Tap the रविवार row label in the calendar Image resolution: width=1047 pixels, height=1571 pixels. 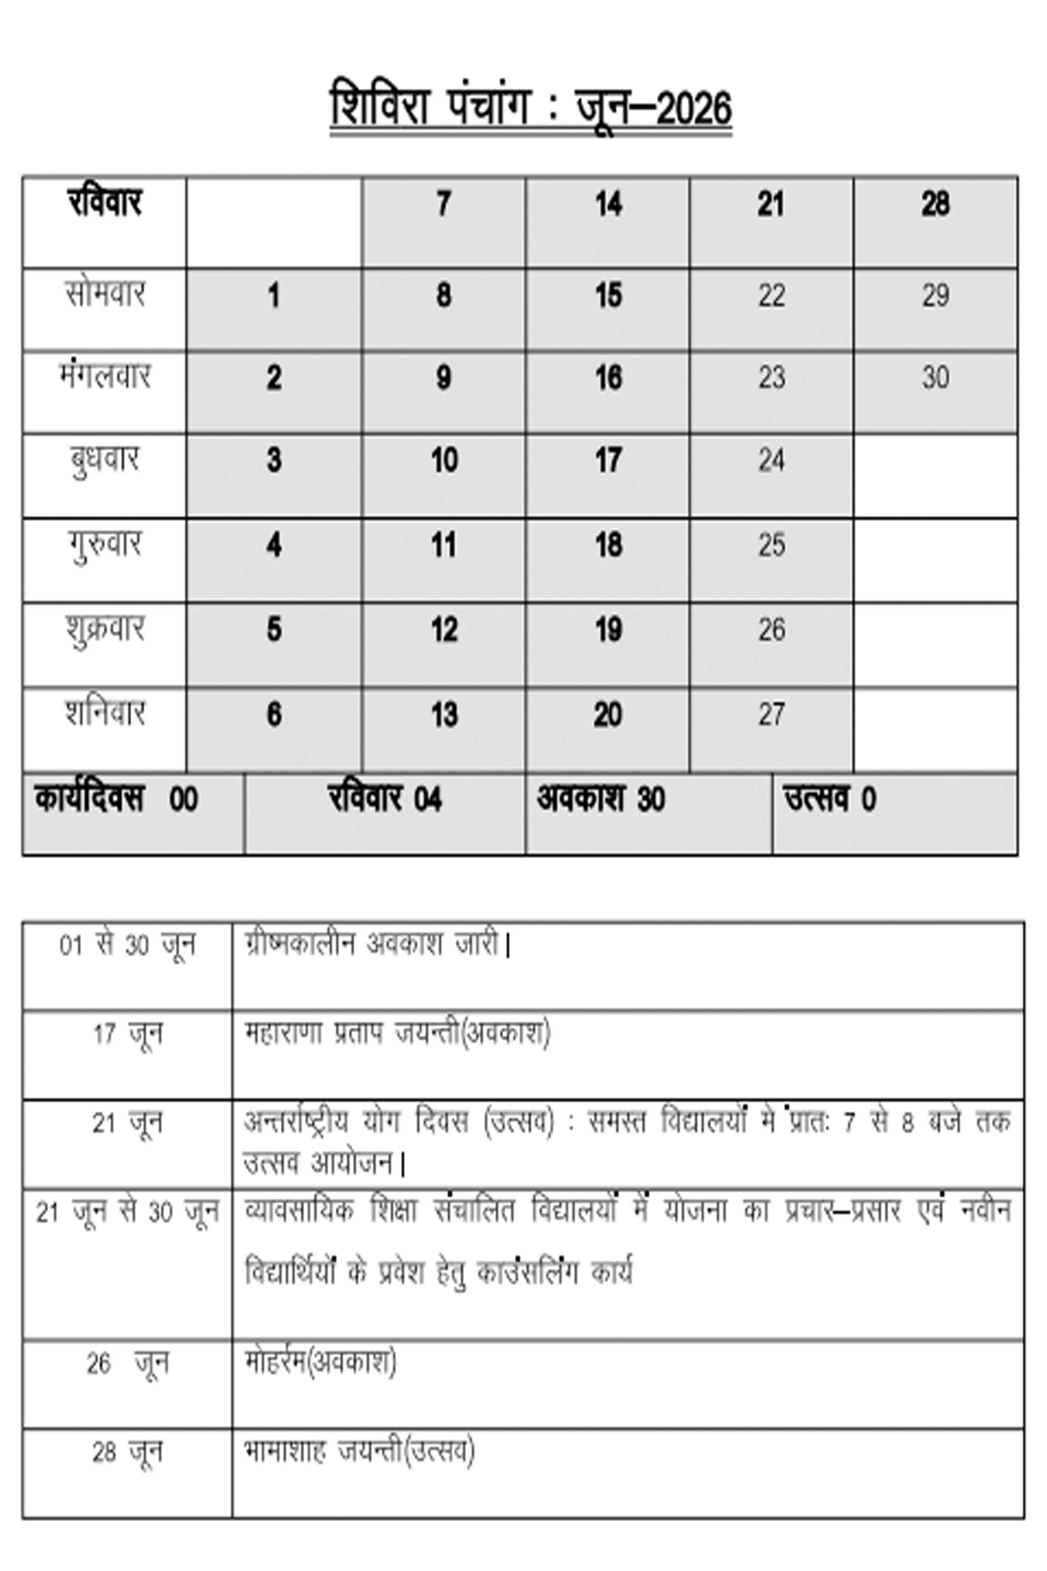[105, 202]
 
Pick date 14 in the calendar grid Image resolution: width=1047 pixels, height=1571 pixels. [608, 204]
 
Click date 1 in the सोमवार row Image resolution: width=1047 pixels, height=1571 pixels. [274, 296]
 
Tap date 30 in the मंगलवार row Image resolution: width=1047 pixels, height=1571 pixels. [935, 378]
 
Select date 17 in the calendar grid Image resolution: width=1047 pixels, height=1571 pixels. [608, 461]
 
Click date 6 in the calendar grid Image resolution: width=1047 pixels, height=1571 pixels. [274, 715]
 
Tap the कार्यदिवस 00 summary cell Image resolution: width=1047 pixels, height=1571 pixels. [117, 799]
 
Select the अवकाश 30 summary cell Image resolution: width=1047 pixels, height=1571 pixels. [601, 799]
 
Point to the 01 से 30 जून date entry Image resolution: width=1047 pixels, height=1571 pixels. [127, 946]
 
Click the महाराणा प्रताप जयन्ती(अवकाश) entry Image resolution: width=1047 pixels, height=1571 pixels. [397, 1034]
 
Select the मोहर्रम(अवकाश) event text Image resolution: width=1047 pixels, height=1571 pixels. [321, 1362]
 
